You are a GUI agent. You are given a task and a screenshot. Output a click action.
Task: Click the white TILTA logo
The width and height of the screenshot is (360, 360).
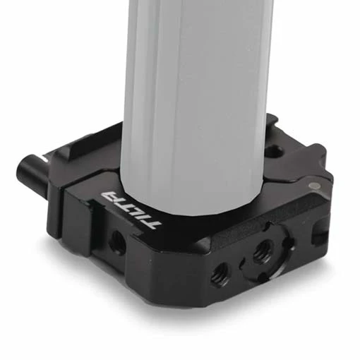(x=131, y=209)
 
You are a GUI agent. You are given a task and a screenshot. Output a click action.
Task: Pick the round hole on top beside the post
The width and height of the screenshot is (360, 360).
(x=273, y=151)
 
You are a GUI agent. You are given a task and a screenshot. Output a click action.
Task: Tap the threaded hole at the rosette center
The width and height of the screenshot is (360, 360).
(x=263, y=250)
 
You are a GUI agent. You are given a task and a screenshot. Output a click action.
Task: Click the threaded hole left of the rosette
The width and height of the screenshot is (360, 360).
(x=220, y=274)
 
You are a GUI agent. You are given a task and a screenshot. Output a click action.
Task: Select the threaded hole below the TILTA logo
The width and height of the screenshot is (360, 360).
(x=118, y=242)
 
